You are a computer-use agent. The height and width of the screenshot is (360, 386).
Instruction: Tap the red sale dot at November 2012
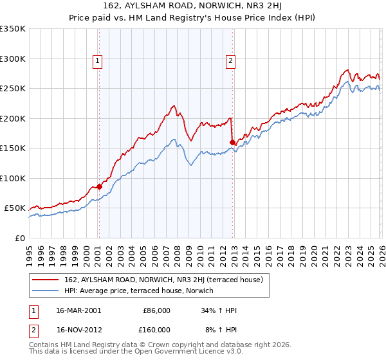[232, 142]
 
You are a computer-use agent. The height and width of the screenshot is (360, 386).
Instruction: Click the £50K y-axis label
[15, 208]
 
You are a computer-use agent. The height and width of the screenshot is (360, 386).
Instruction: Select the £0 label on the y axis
[19, 238]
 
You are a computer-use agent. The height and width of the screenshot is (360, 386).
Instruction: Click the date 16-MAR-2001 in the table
[79, 310]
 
